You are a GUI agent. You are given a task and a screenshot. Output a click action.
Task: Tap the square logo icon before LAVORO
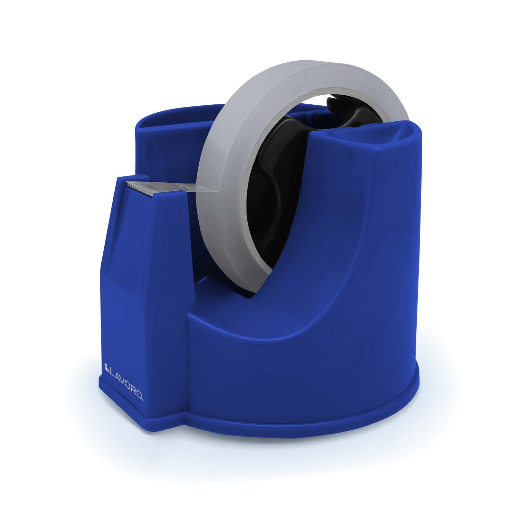[106, 364]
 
